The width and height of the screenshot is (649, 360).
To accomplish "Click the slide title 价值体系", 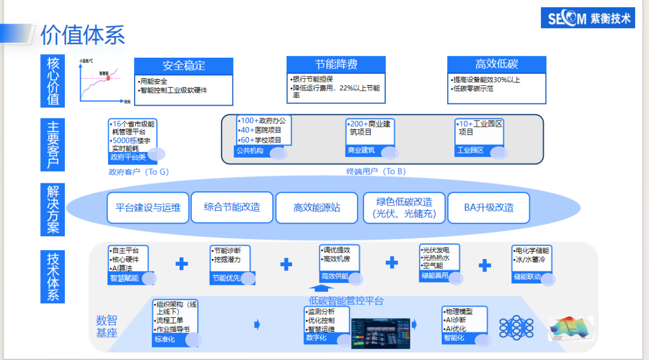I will pyautogui.click(x=83, y=35).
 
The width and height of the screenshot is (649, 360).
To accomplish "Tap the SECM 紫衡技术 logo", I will pyautogui.click(x=590, y=19).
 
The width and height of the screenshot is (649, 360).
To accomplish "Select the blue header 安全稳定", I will pyautogui.click(x=183, y=66).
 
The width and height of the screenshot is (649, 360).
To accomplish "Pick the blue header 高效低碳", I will pyautogui.click(x=496, y=64).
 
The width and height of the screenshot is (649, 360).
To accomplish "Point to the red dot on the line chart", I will pyautogui.click(x=108, y=78).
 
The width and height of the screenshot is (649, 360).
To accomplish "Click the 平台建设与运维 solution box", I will pyautogui.click(x=148, y=208).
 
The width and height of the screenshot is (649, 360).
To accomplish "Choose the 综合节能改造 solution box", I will pyautogui.click(x=232, y=207).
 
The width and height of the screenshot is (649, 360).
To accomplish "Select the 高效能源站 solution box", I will pyautogui.click(x=317, y=208).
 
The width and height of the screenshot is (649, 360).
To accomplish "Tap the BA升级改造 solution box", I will pyautogui.click(x=489, y=208).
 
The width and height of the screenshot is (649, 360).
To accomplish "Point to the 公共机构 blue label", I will pyautogui.click(x=251, y=151).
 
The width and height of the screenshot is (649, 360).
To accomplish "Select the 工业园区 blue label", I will pyautogui.click(x=471, y=150).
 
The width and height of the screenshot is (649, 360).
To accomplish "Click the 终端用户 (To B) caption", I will pyautogui.click(x=376, y=171).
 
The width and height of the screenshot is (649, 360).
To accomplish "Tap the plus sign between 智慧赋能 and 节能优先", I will pyautogui.click(x=181, y=264).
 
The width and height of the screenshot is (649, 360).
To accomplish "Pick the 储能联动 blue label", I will pyautogui.click(x=527, y=278).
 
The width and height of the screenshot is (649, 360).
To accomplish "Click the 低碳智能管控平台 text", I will pyautogui.click(x=346, y=301).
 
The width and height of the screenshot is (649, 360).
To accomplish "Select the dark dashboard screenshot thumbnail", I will pyautogui.click(x=380, y=333).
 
